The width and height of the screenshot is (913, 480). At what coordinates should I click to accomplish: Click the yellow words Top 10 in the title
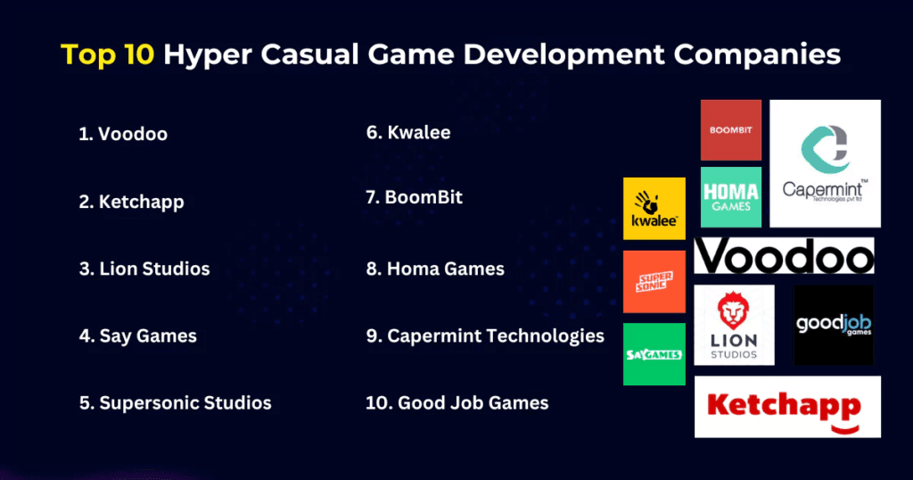107,55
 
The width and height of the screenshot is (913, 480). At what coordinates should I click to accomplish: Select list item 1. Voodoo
123,135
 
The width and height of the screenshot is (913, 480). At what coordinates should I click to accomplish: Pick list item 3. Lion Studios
144,269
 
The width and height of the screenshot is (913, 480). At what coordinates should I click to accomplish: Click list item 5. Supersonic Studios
175,403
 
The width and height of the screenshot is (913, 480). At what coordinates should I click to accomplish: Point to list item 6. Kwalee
408,133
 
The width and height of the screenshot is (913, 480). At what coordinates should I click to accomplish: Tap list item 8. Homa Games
435,269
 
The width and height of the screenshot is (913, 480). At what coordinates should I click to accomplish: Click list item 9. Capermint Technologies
485,336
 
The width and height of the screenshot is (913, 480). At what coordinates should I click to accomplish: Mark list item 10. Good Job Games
457,403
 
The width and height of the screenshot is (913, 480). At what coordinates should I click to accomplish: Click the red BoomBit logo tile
731,130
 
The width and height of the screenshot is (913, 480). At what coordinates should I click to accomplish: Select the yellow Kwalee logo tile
654,209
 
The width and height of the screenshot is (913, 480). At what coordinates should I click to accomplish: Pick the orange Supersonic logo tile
654,282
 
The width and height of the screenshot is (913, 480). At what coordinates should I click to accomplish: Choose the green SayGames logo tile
654,354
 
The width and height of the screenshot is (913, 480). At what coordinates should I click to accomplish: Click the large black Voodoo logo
784,256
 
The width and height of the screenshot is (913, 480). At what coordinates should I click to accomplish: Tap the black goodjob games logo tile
834,325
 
